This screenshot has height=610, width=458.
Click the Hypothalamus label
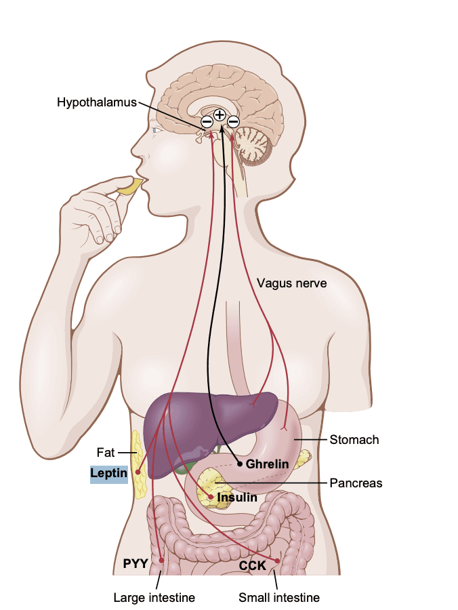click(96, 102)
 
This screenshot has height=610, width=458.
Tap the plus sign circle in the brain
click(220, 115)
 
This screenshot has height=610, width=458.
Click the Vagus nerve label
click(291, 283)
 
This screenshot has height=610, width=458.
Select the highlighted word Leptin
click(109, 473)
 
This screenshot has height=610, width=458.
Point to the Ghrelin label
click(268, 464)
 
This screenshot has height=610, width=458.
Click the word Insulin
click(237, 497)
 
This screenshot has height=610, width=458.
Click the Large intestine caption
click(154, 597)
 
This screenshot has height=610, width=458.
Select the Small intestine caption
click(279, 597)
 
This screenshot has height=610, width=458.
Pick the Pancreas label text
click(356, 483)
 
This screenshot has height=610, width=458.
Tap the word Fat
click(106, 452)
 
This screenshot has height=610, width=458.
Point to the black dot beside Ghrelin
click(239, 464)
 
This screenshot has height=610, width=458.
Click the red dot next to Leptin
click(138, 472)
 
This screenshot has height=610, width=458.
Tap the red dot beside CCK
click(277, 561)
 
